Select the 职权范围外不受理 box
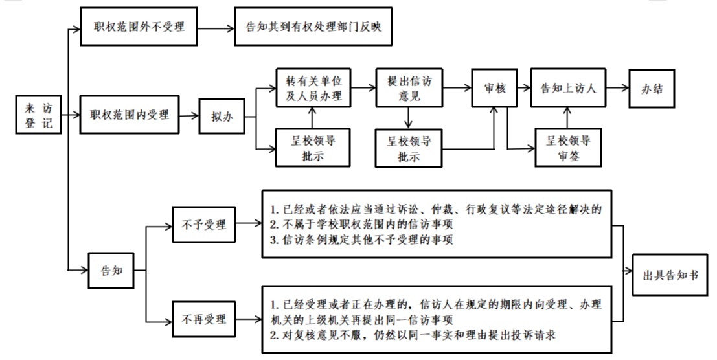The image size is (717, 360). (139, 27)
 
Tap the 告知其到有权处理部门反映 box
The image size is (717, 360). (313, 27)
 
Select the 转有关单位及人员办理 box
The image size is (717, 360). (313, 88)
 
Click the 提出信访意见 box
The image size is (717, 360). (409, 88)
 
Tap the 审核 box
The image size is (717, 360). (495, 88)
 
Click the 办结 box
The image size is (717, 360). (653, 88)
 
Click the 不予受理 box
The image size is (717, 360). (204, 225)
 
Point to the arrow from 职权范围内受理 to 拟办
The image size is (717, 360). (190, 117)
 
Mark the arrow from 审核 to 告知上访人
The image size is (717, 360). (524, 88)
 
